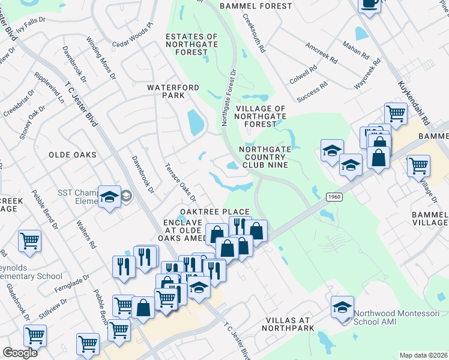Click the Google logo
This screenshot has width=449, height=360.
[x=20, y=353]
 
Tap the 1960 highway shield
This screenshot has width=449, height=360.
[x=335, y=197]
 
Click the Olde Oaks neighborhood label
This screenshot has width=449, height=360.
[x=73, y=155]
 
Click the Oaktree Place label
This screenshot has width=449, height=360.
[x=215, y=212]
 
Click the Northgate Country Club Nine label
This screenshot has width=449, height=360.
[x=264, y=157]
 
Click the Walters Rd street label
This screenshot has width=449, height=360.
[x=86, y=235]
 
